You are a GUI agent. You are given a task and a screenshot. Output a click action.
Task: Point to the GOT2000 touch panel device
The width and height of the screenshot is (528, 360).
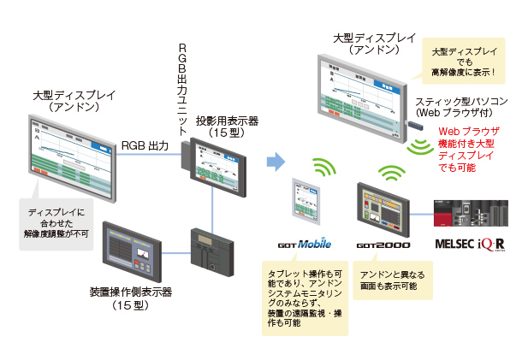coord(383,209)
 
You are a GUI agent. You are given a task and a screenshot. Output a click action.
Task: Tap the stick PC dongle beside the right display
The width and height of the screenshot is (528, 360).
coord(415,127)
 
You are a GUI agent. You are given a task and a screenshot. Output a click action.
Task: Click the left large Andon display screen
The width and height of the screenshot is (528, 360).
coord(74,159)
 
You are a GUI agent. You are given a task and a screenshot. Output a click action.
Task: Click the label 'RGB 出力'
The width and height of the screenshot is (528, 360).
coord(145,145)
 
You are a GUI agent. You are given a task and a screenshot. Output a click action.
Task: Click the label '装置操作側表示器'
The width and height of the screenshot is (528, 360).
coord(131,292)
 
